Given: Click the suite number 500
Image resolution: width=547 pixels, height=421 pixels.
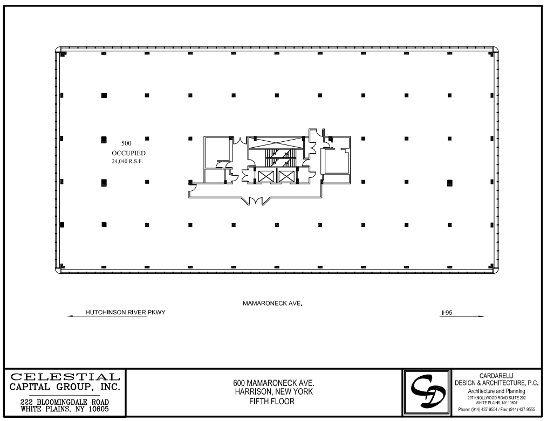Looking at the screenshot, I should point(126,143).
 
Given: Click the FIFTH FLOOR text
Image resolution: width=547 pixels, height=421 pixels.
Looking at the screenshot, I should point(273,401).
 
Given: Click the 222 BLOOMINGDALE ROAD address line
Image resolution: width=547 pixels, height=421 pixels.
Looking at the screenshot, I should point(65,402).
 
